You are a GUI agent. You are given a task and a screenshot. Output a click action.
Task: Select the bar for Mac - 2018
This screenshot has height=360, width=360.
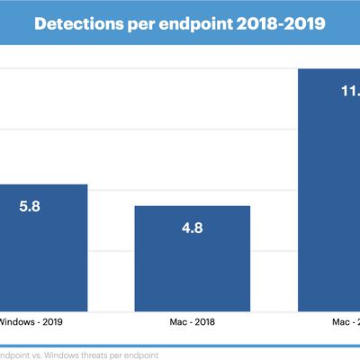pos(192,256)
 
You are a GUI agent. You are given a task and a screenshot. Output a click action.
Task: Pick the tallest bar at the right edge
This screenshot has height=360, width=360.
pos(328,189)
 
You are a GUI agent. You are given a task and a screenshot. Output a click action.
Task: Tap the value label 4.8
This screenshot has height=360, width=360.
pos(193,228)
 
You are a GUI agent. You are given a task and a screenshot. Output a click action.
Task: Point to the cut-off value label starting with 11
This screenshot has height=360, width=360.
pos(348,91)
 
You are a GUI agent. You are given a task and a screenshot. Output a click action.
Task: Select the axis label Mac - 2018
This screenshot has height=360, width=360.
pos(193,319)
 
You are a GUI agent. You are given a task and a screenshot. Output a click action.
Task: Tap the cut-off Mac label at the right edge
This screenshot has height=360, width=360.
pos(347,319)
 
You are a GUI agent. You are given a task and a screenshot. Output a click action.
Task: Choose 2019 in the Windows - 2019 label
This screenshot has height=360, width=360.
pos(52,319)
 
